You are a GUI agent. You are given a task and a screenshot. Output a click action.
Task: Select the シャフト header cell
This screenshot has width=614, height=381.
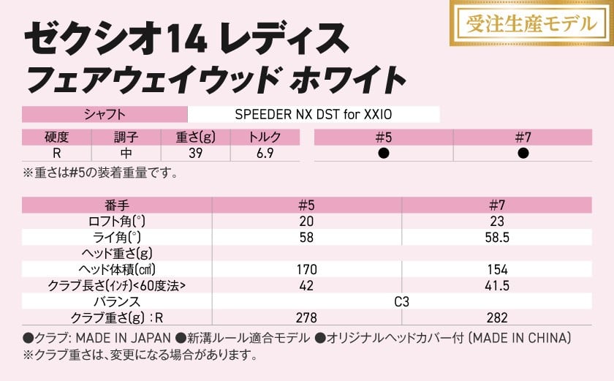pos(105,115)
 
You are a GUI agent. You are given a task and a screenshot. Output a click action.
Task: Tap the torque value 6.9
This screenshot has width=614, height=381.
pos(265,154)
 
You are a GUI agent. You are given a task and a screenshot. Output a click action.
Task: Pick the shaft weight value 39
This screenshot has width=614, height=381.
pos(195,154)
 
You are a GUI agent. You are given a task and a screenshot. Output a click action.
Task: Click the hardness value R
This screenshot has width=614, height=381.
pos(56,154)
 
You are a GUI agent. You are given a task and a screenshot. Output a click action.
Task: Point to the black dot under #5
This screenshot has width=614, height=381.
pos(384,154)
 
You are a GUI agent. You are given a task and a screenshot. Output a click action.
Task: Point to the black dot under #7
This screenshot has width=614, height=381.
pos(523,154)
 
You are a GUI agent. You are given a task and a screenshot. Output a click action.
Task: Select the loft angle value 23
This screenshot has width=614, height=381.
pos(497,222)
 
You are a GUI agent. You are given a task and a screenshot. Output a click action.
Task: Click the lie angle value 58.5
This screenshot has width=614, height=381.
pos(497,238)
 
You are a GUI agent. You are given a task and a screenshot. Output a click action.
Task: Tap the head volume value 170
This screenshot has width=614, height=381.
pos(306,270)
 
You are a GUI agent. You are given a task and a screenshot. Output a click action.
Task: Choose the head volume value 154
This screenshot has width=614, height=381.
pos(497,270)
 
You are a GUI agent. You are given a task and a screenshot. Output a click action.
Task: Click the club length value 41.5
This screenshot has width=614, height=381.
pos(497,285)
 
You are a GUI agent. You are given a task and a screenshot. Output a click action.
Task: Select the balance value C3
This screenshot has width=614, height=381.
pos(401,301)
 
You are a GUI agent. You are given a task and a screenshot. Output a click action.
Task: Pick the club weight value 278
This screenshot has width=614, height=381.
pos(306,317)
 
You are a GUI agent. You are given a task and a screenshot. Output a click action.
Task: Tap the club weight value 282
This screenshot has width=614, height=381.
pos(497,317)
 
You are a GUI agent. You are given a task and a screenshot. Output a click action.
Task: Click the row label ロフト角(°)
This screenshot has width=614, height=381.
pos(117,222)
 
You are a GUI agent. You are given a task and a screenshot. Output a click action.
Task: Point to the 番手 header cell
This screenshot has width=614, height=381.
pos(117,205)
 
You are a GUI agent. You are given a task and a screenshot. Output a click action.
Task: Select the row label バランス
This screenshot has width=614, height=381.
pos(117,301)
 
